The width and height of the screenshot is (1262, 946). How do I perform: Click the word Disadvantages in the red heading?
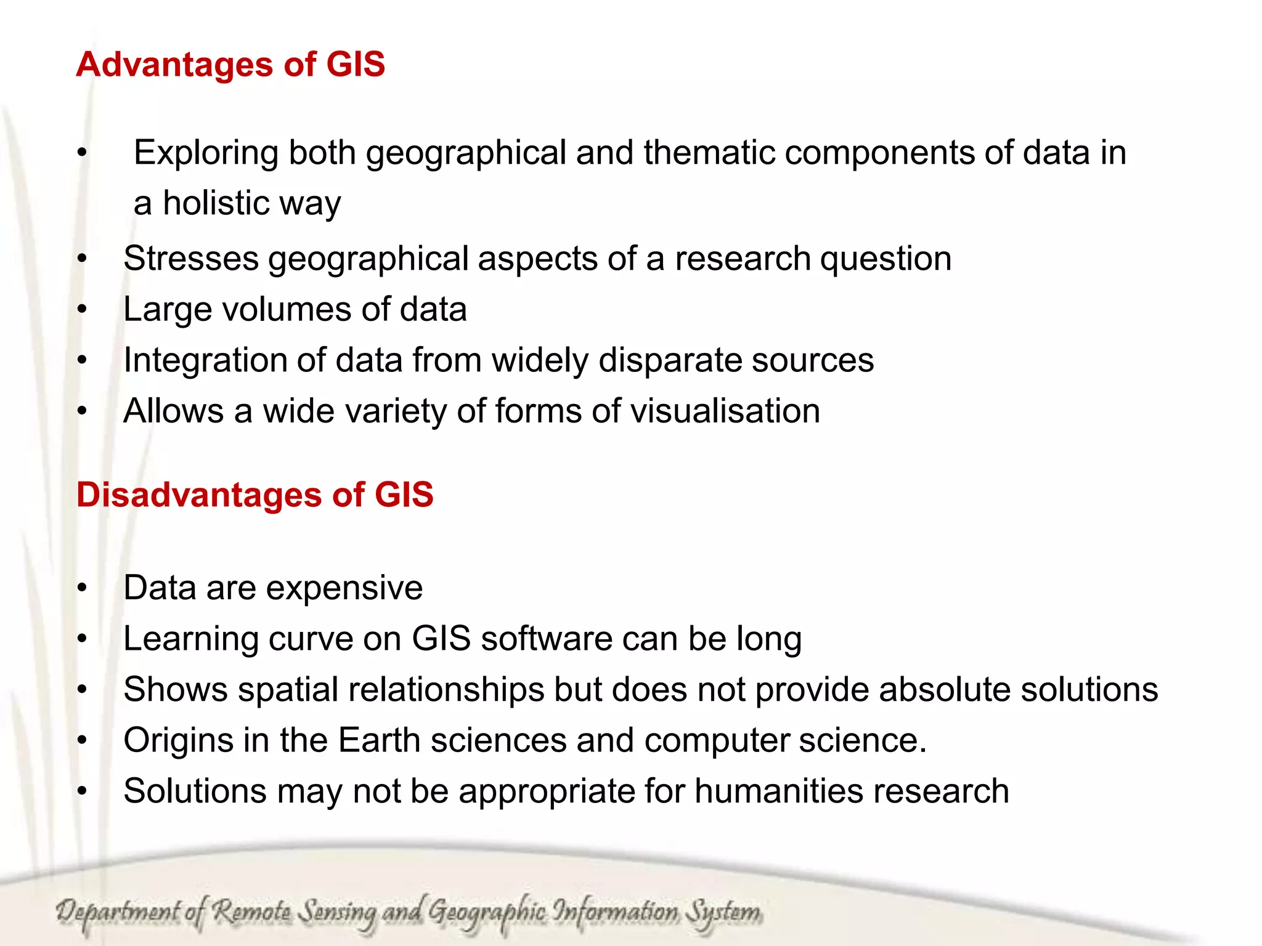coord(198,495)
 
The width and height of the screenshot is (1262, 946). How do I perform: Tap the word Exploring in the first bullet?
coord(206,153)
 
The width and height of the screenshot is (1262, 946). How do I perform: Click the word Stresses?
coord(191,259)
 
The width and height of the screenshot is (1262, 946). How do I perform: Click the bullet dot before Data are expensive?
coord(83,588)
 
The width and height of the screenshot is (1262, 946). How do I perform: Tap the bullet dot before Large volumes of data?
coord(83,310)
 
